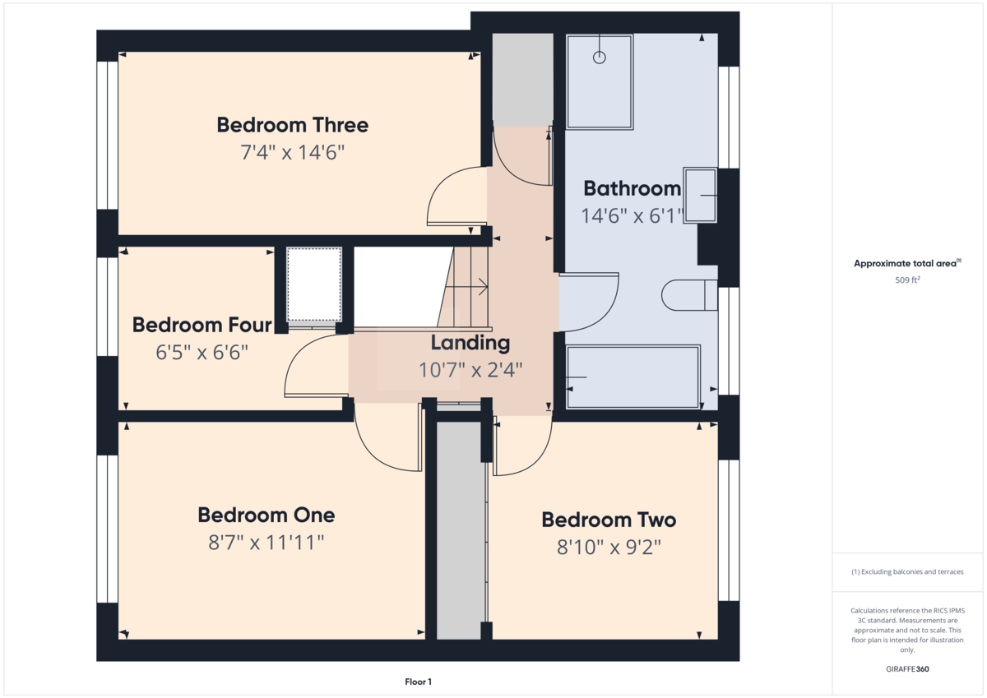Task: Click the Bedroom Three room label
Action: [x=292, y=125]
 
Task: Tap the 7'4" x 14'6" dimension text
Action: [x=292, y=152]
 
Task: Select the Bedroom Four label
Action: [x=202, y=325]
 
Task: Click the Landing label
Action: [x=470, y=342]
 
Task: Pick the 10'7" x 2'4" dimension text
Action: [x=470, y=369]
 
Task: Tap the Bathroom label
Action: [x=632, y=188]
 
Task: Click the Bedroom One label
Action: [x=266, y=515]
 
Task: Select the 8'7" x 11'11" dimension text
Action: [x=266, y=543]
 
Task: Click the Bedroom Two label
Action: [x=608, y=520]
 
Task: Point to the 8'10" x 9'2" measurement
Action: [x=608, y=547]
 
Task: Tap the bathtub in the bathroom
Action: [x=633, y=377]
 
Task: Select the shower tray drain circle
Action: [x=600, y=58]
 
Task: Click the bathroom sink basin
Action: [x=701, y=195]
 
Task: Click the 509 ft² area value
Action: [x=906, y=280]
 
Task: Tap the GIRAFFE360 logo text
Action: [x=906, y=669]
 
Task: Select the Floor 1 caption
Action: [x=418, y=682]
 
